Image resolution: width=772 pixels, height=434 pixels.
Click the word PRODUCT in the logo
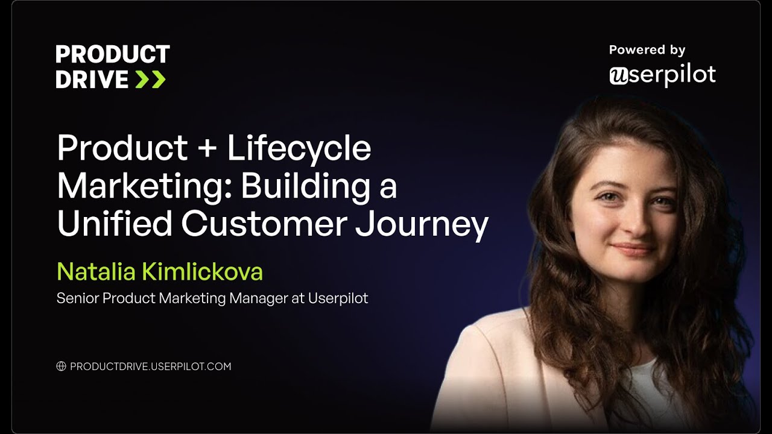(113, 54)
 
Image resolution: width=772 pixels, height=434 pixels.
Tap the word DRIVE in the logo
(92, 79)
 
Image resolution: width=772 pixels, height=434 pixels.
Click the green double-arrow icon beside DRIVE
(150, 79)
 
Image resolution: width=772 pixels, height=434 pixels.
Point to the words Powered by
(647, 50)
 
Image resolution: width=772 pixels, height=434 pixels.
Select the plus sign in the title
(207, 148)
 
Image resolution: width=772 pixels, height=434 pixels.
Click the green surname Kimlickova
(203, 272)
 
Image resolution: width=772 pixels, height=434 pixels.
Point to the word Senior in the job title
(78, 298)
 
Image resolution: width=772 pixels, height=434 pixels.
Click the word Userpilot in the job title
(338, 298)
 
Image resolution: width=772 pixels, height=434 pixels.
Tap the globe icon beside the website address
(61, 366)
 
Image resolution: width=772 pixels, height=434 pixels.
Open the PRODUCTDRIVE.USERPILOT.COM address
(151, 366)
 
